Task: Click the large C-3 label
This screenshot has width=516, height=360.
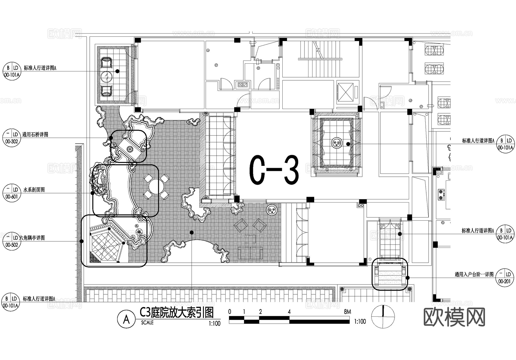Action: [274, 170]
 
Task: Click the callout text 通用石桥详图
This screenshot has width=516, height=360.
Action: [35, 134]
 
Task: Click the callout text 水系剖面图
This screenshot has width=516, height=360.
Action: [34, 190]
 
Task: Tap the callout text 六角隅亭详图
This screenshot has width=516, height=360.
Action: [32, 238]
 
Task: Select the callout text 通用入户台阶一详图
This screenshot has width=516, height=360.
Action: [474, 275]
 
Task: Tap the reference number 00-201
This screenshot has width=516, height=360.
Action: [504, 281]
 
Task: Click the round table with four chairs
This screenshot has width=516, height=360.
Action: [154, 186]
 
